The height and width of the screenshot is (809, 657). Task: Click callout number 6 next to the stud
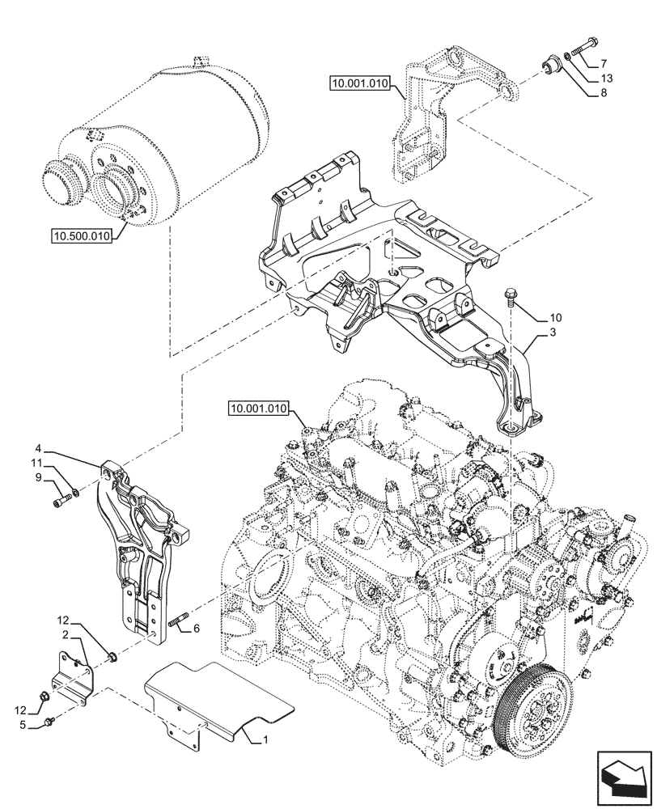point(195,628)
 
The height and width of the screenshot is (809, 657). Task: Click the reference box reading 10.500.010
point(83,235)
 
